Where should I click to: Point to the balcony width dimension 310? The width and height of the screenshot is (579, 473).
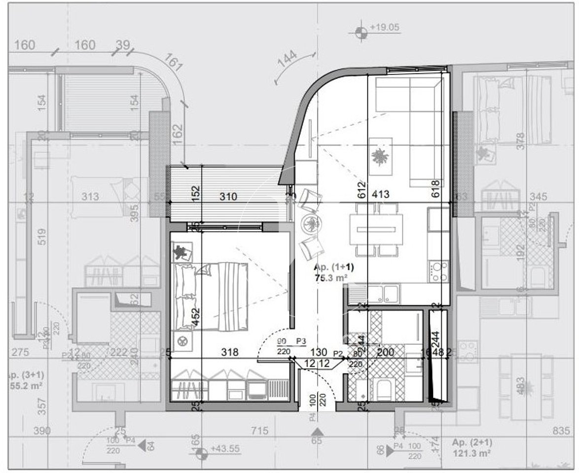[x=228, y=196]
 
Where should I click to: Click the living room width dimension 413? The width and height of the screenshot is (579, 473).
[x=380, y=194]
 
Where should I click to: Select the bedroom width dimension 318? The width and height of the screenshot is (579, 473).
[x=230, y=352]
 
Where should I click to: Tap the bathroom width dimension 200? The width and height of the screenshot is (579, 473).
[x=385, y=352]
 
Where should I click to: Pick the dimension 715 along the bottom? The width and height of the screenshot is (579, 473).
[x=259, y=431]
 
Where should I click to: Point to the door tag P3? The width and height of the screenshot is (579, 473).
[x=301, y=341]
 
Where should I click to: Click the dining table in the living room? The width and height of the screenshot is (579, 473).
[x=376, y=230]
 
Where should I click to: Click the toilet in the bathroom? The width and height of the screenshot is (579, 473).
[x=383, y=390]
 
